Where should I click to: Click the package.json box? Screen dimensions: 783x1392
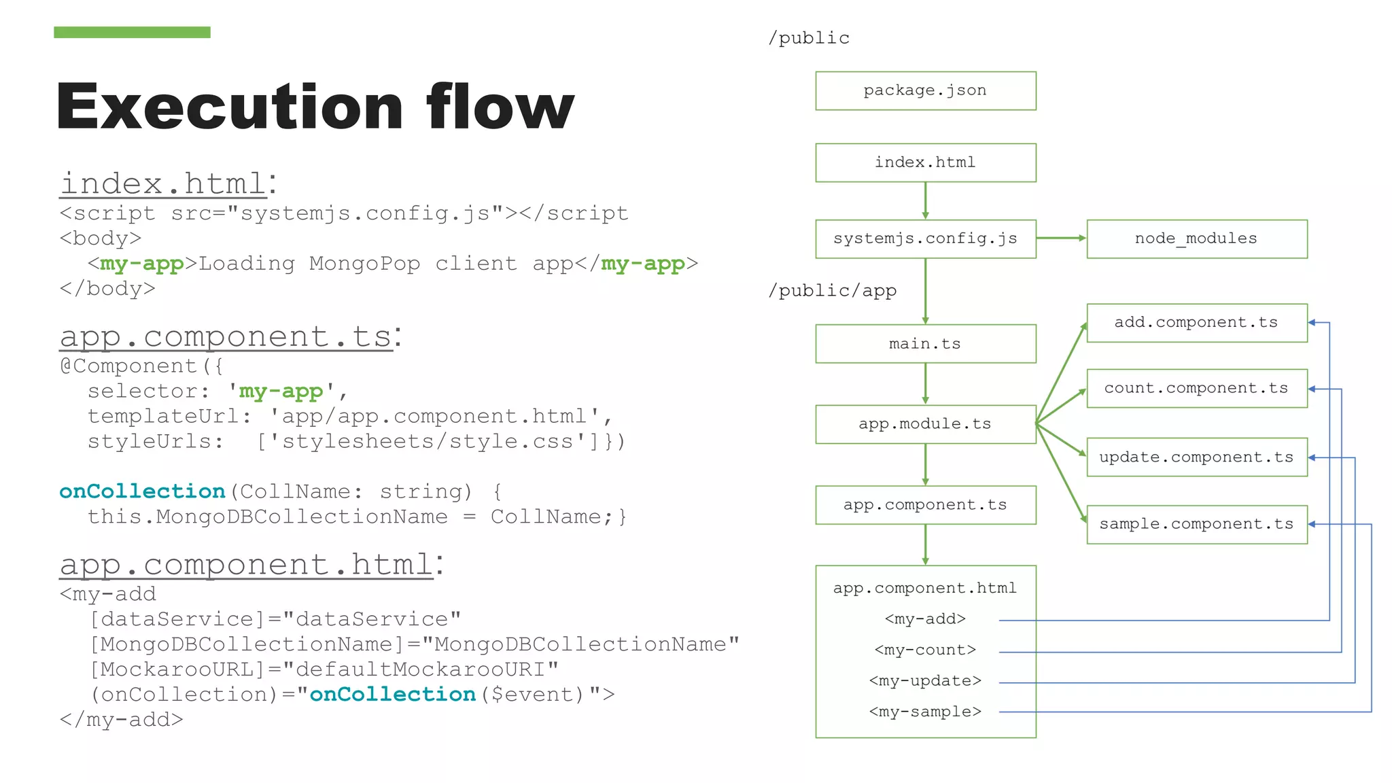[x=925, y=90]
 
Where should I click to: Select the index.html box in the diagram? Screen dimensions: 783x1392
[x=925, y=162]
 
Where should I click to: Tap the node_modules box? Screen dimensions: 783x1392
[x=1196, y=239]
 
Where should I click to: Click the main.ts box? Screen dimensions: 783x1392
[x=925, y=344]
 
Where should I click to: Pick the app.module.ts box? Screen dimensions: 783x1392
[x=925, y=424]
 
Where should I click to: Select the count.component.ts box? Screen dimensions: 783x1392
[x=1196, y=388]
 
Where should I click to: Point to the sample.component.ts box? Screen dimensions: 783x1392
[x=1196, y=524]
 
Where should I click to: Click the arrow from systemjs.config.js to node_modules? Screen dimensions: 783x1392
[x=1061, y=238]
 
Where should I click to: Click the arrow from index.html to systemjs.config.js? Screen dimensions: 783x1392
[x=925, y=201]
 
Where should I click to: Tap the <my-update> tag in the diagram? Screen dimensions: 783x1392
[x=925, y=681]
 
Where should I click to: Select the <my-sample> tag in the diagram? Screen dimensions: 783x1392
[x=925, y=712]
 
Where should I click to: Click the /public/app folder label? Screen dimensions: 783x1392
[x=832, y=291]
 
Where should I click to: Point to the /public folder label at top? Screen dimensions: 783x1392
[x=809, y=38]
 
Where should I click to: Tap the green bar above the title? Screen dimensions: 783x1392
[x=132, y=32]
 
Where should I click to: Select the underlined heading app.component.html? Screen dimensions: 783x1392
[x=246, y=564]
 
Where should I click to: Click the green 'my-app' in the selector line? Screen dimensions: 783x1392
[x=281, y=391]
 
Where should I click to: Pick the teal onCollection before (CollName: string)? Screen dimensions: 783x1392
[x=142, y=491]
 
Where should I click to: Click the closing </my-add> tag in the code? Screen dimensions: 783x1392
[x=121, y=720]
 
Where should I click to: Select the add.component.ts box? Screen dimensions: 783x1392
[x=1196, y=323]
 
